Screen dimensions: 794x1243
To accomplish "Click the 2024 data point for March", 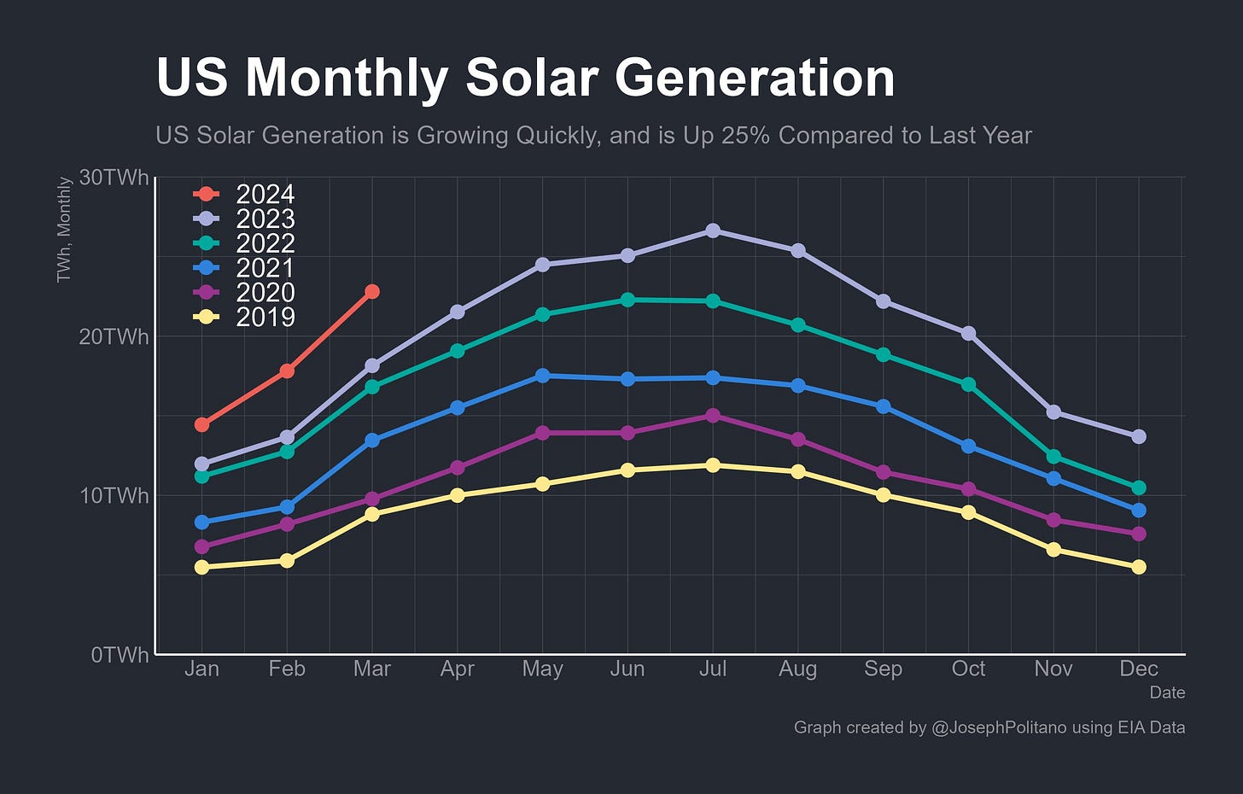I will [372, 292].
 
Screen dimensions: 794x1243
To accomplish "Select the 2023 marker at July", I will [713, 231].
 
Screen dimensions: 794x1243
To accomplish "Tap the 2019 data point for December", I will [1138, 567].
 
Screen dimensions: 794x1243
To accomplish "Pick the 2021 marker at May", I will [542, 376].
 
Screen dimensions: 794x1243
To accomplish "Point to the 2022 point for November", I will [1053, 457].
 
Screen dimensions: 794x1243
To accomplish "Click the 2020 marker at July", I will [713, 416].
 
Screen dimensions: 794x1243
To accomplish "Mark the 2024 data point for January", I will [202, 424].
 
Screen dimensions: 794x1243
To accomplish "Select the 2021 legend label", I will [265, 268].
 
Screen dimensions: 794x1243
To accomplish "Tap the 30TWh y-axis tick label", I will [114, 178].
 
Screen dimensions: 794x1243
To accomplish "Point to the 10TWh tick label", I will [114, 496].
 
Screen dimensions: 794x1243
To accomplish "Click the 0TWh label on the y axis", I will [120, 655].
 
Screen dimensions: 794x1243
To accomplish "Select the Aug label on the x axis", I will [797, 668].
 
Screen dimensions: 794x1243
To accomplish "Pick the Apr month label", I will [457, 668].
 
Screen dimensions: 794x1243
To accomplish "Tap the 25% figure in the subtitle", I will [741, 136].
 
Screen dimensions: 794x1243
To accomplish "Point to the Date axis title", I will [1167, 692].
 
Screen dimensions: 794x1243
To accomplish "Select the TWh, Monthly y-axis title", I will [64, 229].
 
